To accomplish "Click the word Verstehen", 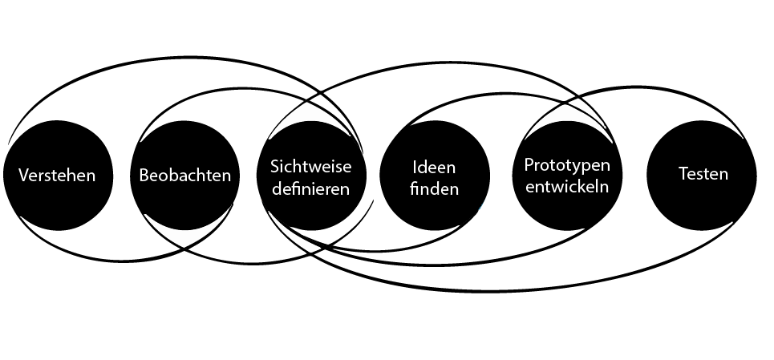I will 56,176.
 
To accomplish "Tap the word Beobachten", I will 185,176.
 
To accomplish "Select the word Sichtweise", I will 310,168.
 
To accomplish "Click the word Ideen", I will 434,168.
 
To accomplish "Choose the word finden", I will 434,189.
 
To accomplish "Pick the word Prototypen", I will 567,164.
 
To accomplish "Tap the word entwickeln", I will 567,187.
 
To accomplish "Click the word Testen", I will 703,174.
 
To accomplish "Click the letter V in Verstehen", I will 24,176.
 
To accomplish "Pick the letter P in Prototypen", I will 529,164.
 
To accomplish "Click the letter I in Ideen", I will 415,168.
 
